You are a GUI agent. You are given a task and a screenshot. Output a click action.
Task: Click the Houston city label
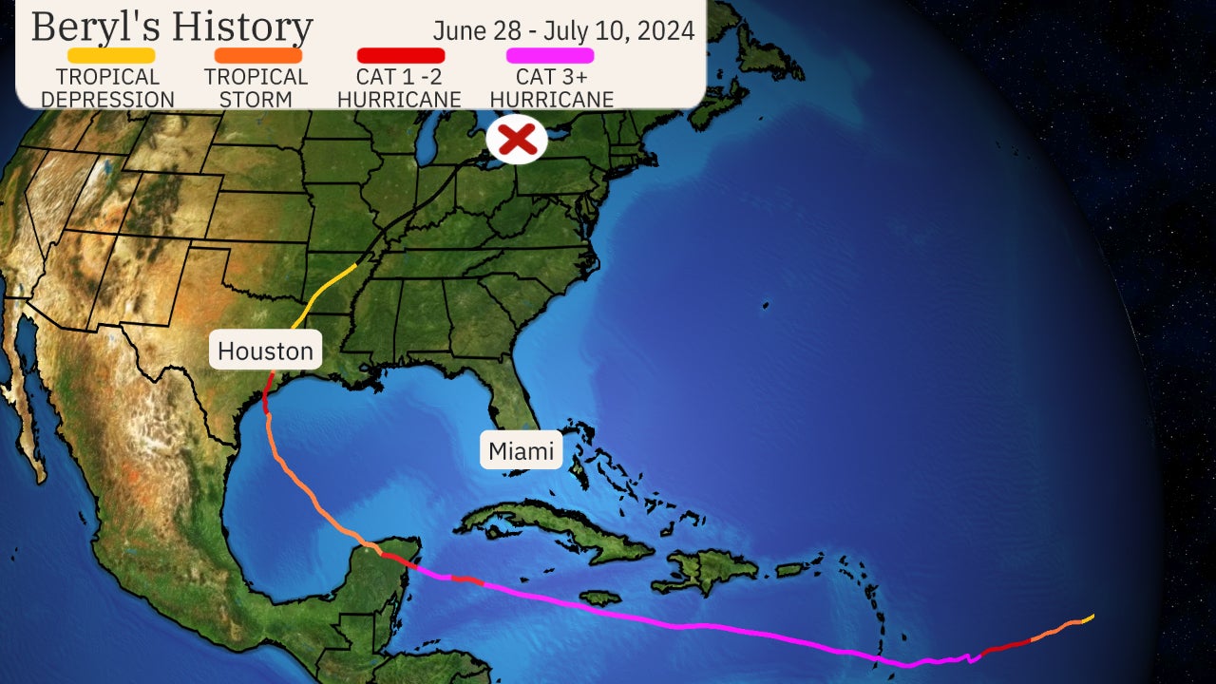point(265,351)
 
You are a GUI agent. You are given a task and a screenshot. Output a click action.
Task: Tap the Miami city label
point(521,450)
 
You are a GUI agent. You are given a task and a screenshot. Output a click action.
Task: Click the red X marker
point(517,140)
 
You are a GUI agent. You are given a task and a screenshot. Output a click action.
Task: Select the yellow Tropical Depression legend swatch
point(111,56)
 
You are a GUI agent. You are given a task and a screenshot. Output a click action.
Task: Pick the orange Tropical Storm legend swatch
point(257,56)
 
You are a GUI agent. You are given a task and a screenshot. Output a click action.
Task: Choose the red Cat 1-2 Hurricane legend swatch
point(400,56)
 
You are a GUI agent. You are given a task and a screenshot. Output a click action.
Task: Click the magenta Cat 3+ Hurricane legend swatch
point(551,56)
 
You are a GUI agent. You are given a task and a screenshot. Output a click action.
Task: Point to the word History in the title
point(238,27)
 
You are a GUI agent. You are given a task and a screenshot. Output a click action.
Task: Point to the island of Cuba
point(551,528)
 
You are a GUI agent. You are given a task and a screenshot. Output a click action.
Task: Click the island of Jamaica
point(599,598)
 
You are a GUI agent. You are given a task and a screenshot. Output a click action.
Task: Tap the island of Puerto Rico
point(790,570)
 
